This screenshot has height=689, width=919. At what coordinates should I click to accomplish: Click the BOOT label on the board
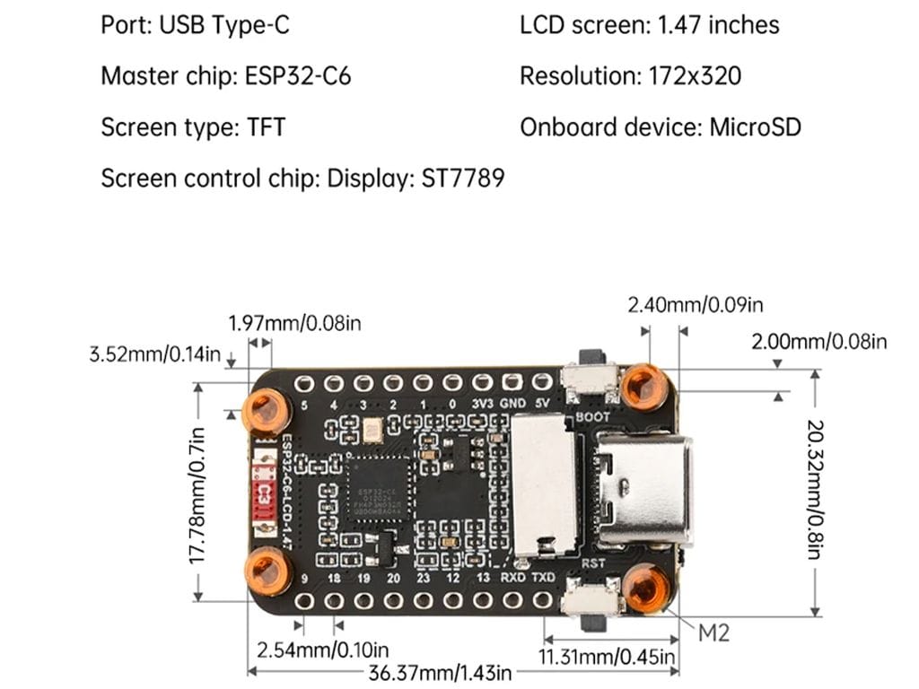pos(592,417)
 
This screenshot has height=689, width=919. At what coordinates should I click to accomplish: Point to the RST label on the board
pos(594,563)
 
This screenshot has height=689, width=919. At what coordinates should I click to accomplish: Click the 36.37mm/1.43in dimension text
pos(440,672)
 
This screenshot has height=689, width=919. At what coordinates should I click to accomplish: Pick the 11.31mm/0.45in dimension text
pos(608,658)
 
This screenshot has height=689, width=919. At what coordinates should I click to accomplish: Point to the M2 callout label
pos(713,632)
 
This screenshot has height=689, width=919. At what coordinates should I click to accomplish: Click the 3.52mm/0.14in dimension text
pos(154,353)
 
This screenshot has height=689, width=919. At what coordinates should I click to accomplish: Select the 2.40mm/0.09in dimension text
pos(696,305)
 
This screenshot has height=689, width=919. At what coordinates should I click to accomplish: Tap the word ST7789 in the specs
pos(462,178)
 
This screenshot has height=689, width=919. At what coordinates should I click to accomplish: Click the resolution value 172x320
pos(695,75)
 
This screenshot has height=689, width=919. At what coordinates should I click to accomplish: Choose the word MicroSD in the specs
pos(755,126)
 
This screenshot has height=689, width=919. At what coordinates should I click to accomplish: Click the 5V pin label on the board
pos(541,403)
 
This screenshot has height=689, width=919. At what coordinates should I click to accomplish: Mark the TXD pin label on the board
pos(543,578)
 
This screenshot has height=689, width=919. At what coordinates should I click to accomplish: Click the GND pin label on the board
pos(512,403)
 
